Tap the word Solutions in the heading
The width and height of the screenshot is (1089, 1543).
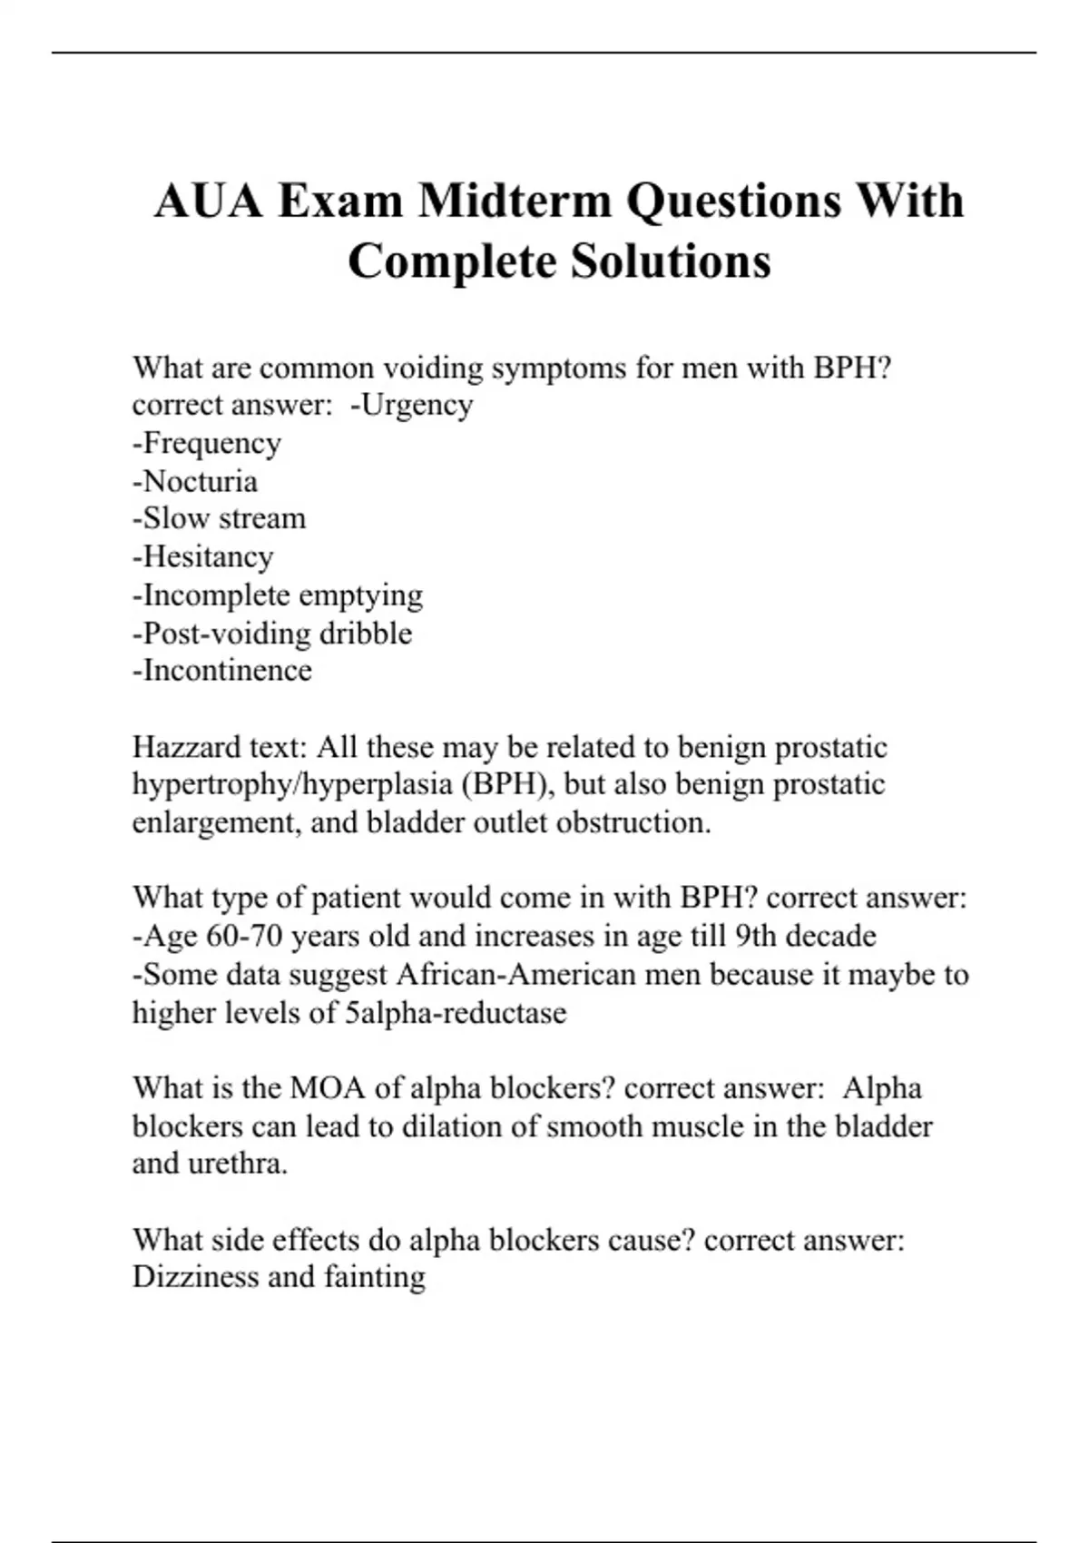tap(671, 262)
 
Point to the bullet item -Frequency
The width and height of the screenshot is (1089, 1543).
tap(207, 443)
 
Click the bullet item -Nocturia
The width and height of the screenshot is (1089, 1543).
tap(195, 481)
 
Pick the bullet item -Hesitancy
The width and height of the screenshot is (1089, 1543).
tap(203, 556)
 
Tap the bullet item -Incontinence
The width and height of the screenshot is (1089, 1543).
tap(222, 671)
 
